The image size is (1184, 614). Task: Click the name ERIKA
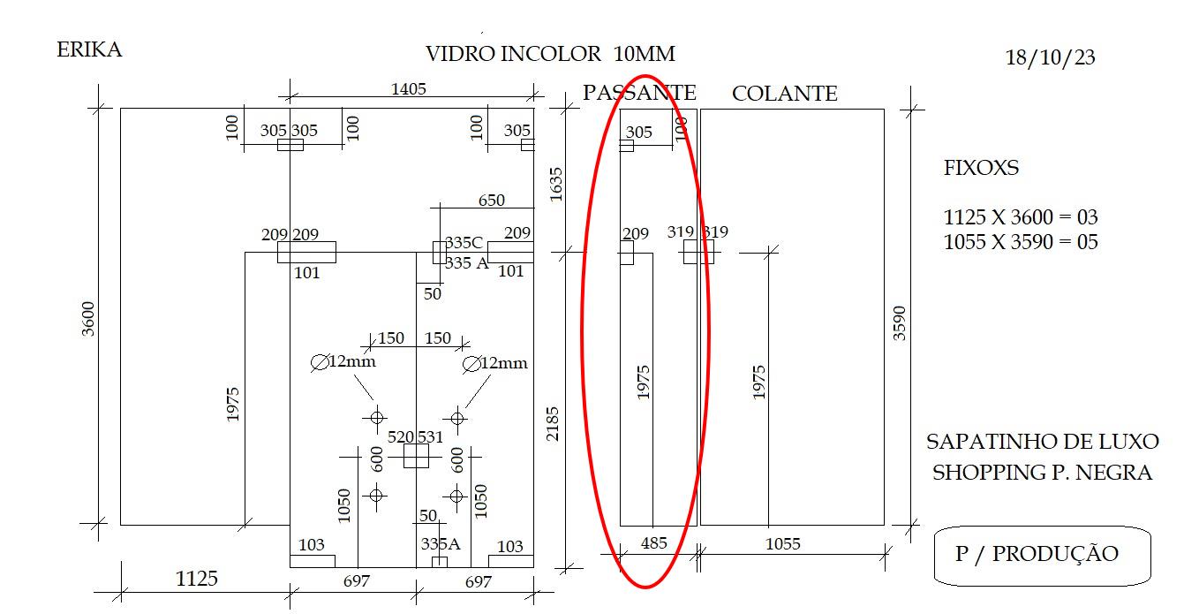point(89,49)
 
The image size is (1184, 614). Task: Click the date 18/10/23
point(1050,57)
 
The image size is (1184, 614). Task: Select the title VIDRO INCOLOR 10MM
point(550,54)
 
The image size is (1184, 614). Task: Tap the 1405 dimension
point(408,89)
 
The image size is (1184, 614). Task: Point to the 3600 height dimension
point(87,319)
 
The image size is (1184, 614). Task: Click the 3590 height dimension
point(899,323)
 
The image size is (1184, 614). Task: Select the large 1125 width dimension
point(196,579)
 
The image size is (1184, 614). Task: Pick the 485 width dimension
point(654,543)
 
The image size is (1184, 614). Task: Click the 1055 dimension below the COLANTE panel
point(783,543)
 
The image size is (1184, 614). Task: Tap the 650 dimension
point(492,201)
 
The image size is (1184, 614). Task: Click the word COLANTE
point(784,94)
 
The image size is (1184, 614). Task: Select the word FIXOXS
point(981,168)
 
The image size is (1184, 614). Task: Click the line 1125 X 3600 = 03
point(1021,217)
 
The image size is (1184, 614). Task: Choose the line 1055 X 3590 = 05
point(1021,242)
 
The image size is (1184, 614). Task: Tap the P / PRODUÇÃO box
point(1043,556)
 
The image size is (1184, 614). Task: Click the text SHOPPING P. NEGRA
point(1042,473)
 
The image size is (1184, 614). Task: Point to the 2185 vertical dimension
point(552,424)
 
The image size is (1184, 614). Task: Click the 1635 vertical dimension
point(556,185)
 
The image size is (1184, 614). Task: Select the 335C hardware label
point(464,243)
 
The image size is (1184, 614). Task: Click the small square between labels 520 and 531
point(416,456)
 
